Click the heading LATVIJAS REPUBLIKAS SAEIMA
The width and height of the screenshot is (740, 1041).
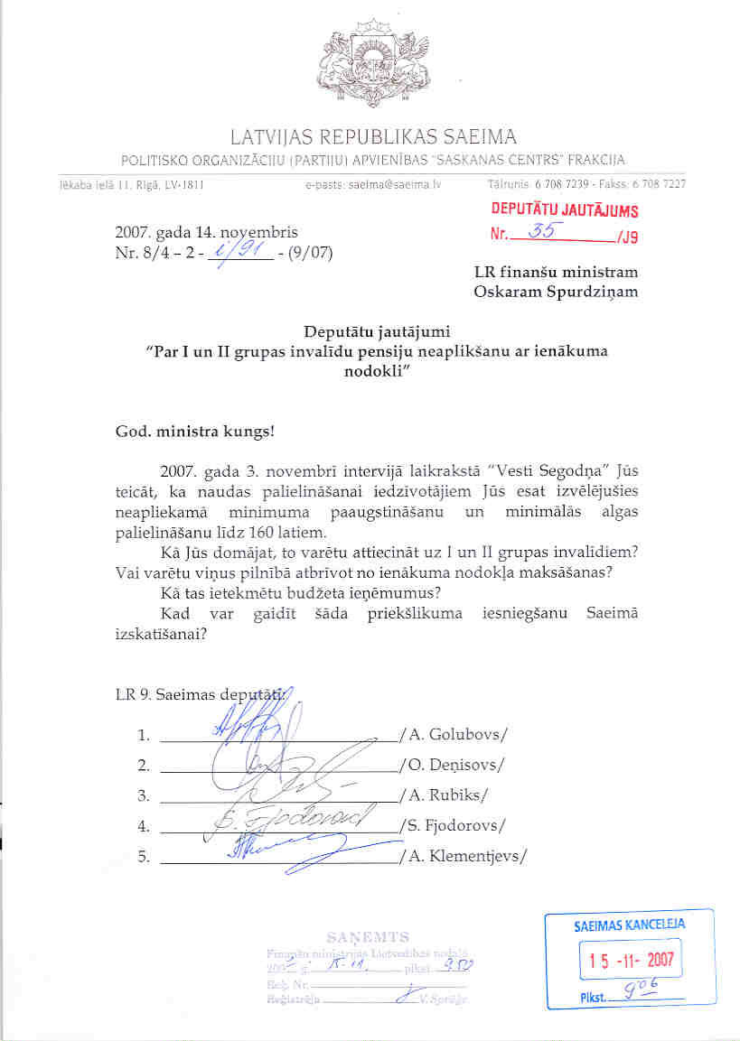click(373, 138)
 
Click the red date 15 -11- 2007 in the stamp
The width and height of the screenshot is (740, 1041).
click(629, 956)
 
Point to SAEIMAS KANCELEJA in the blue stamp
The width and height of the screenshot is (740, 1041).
click(629, 925)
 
